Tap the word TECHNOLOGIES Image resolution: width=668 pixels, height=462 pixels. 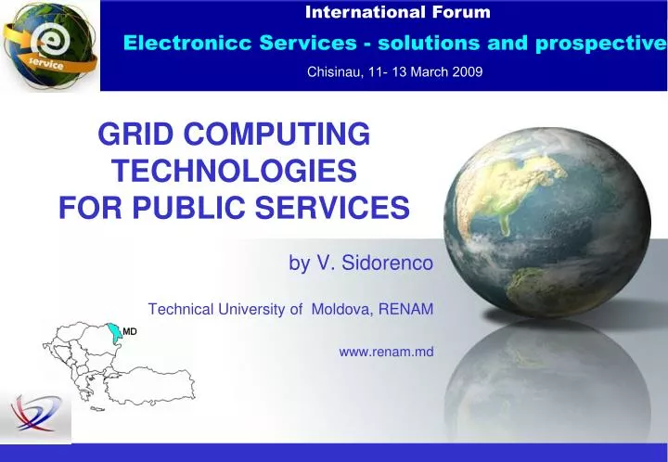234,172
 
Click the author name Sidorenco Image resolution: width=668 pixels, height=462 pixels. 389,264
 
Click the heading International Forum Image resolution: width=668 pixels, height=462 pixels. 398,13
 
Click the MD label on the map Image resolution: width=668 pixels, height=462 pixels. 130,331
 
